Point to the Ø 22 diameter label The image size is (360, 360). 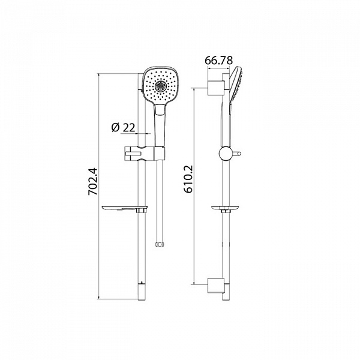click(x=123, y=127)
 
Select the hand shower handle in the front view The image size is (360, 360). click(x=160, y=123)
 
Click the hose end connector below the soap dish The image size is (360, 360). click(x=159, y=244)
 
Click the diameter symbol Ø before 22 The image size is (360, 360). click(x=115, y=127)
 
